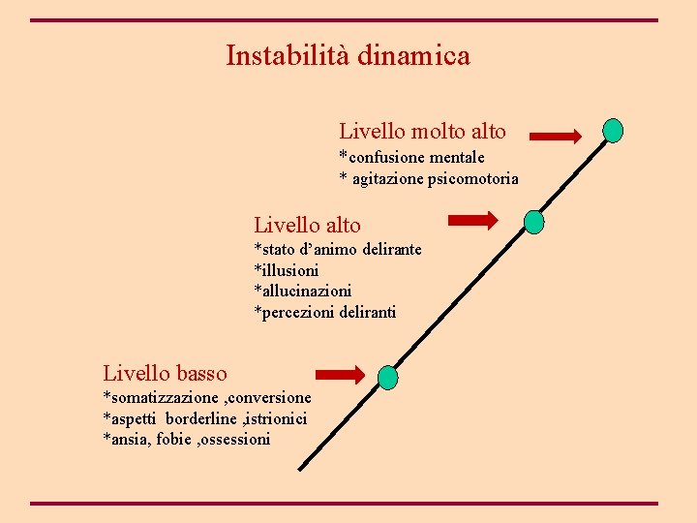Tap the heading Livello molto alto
(x=422, y=131)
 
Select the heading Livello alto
(x=307, y=226)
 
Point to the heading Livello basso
(x=165, y=373)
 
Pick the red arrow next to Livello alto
(x=472, y=222)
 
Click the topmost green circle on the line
(x=613, y=130)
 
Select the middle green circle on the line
(x=533, y=223)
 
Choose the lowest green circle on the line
(x=387, y=377)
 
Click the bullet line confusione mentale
(x=411, y=158)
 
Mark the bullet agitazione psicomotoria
(x=429, y=179)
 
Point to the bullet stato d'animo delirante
(x=338, y=250)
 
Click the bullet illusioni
(x=287, y=270)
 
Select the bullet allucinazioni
(x=303, y=291)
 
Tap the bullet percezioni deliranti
(x=325, y=312)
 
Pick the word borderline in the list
(x=203, y=418)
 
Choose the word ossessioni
(x=235, y=440)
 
